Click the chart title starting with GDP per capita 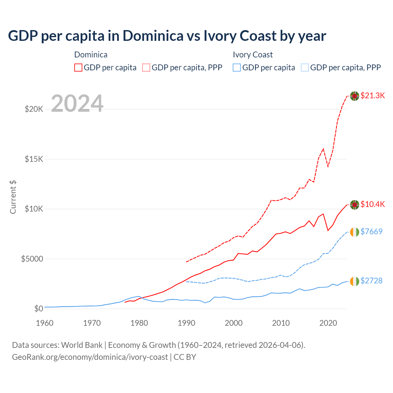point(167,36)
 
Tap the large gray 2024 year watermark point(77,104)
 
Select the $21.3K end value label point(372,95)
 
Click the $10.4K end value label point(372,204)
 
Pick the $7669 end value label point(371,232)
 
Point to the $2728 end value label point(371,281)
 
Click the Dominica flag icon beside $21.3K point(355,96)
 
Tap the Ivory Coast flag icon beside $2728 point(355,281)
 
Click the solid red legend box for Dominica point(78,68)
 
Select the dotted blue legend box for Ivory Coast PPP point(305,68)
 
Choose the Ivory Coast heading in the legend point(253,55)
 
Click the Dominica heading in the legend point(91,55)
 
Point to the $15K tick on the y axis point(34,159)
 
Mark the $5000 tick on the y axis point(32,259)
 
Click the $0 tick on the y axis point(38,309)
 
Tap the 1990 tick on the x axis point(187,323)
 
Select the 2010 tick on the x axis point(281,323)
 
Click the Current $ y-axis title point(13,197)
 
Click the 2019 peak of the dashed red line point(323,149)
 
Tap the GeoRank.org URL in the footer point(90,357)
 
